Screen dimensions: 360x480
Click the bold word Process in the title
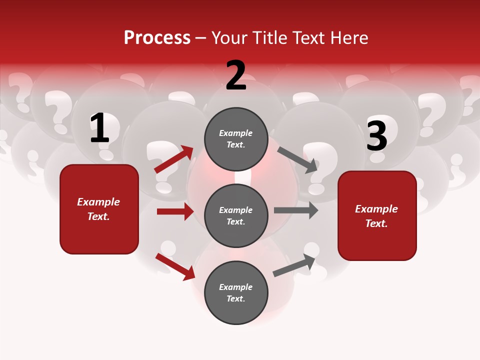[x=157, y=38]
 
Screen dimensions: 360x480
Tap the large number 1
[x=99, y=128]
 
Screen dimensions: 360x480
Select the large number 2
[x=236, y=75]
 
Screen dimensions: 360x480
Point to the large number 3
[x=376, y=136]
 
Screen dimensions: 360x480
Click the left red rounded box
[x=99, y=209]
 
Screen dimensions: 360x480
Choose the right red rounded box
[x=377, y=215]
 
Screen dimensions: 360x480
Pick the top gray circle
[x=236, y=139]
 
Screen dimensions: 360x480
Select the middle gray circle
[x=236, y=215]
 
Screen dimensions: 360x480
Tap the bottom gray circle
[x=236, y=292]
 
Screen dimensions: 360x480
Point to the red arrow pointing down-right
[x=175, y=266]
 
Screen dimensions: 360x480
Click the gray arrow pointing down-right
[x=297, y=160]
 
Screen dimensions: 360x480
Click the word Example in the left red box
[x=98, y=202]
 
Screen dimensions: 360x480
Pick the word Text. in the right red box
[x=376, y=223]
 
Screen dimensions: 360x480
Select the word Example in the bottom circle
[x=236, y=287]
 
